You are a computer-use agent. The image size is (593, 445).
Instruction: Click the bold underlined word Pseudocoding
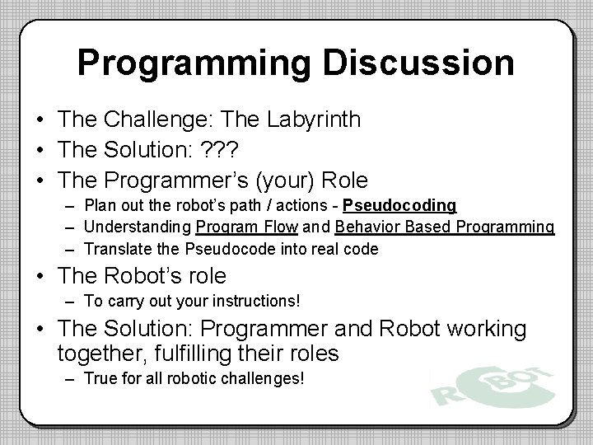click(x=400, y=205)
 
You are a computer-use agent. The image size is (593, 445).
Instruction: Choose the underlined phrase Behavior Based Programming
click(x=446, y=227)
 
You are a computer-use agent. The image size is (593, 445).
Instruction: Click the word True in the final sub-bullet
click(x=99, y=378)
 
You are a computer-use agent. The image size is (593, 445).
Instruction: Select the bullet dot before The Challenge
click(x=40, y=120)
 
